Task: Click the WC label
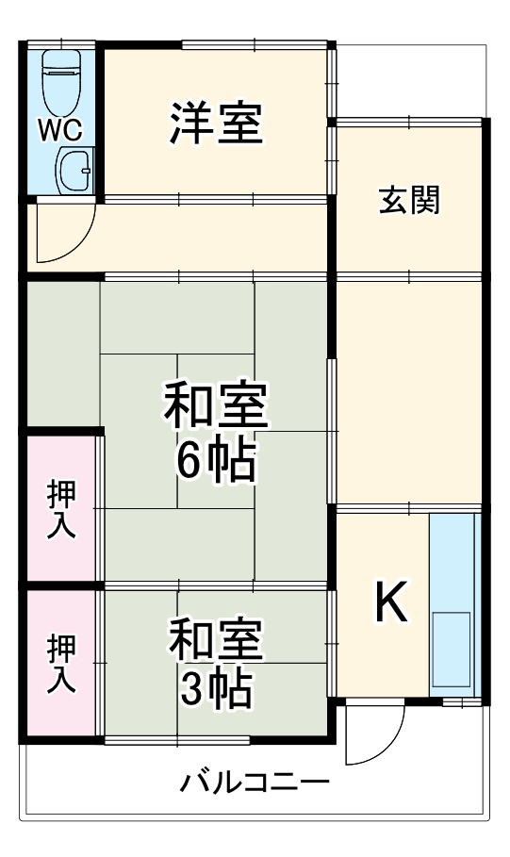pyautogui.click(x=59, y=129)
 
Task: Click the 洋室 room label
pyautogui.click(x=216, y=124)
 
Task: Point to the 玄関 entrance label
pyautogui.click(x=410, y=200)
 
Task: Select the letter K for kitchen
pyautogui.click(x=391, y=602)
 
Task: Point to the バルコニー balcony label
pyautogui.click(x=255, y=783)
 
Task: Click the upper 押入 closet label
pyautogui.click(x=62, y=509)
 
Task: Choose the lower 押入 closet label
pyautogui.click(x=62, y=665)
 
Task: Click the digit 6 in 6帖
pyautogui.click(x=189, y=460)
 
